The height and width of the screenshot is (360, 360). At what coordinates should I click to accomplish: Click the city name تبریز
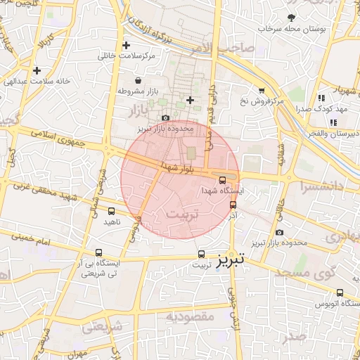[x=230, y=259]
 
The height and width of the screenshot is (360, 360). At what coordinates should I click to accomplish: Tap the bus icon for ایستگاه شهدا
[x=223, y=180]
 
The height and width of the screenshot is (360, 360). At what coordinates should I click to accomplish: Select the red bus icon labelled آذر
[x=233, y=204]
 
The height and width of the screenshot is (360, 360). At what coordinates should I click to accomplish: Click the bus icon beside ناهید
[x=111, y=210]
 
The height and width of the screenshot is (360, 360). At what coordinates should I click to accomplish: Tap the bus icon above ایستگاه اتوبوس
[x=340, y=292]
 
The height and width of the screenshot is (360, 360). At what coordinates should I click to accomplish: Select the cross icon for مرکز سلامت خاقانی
[x=126, y=45]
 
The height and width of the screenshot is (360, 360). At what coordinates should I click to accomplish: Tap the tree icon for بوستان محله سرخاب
[x=291, y=18]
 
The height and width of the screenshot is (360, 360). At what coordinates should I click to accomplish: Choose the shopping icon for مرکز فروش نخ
[x=262, y=90]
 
